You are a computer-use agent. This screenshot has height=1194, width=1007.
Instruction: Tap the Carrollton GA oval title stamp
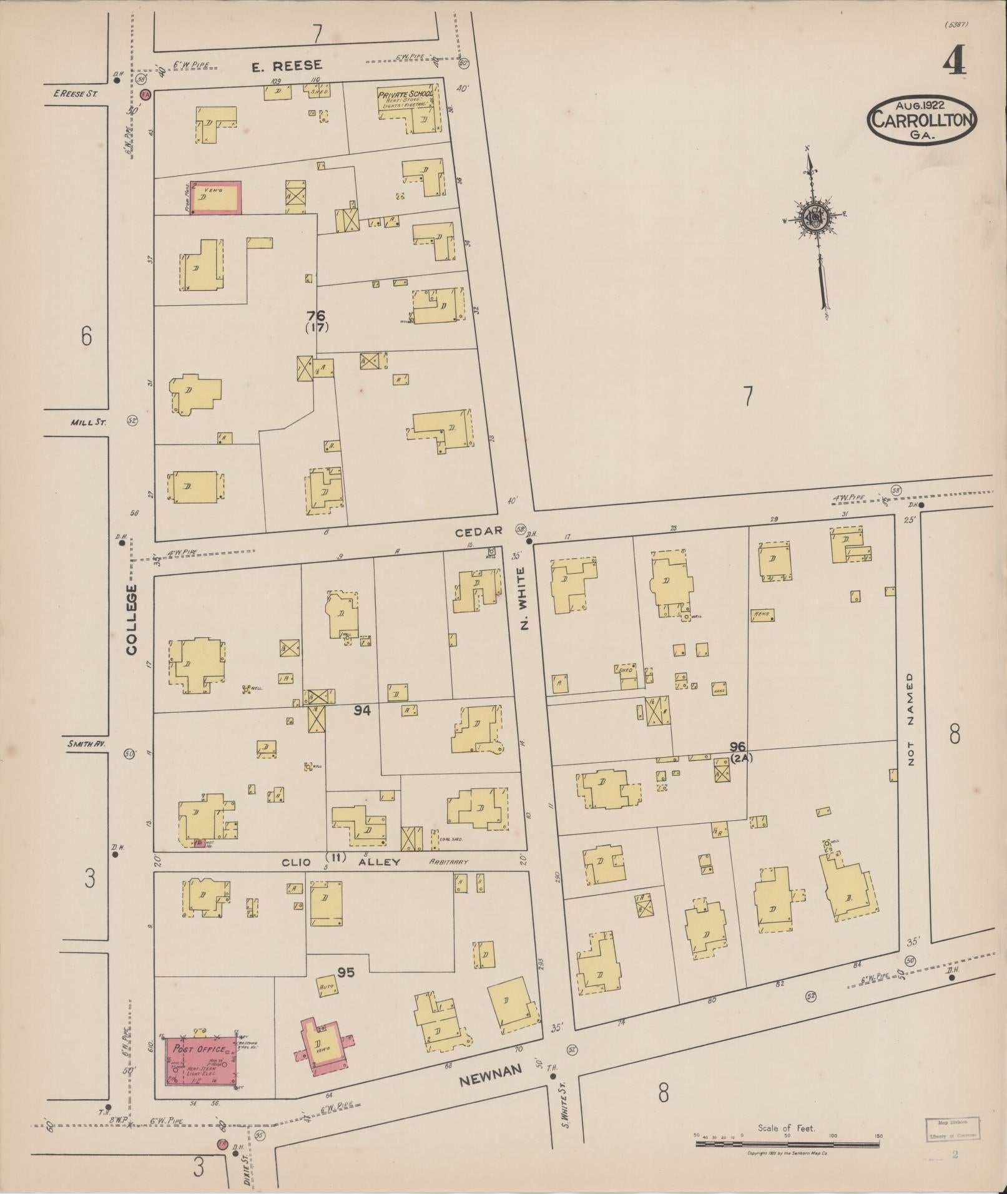pyautogui.click(x=921, y=118)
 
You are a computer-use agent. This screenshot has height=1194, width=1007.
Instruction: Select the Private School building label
pyautogui.click(x=405, y=95)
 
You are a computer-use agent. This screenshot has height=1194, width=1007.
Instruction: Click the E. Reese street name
pyautogui.click(x=287, y=65)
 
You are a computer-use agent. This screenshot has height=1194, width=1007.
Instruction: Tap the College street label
pyautogui.click(x=131, y=619)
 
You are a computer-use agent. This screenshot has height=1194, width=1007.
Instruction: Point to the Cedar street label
pyautogui.click(x=479, y=531)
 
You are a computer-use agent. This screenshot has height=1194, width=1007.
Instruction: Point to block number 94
pyautogui.click(x=361, y=710)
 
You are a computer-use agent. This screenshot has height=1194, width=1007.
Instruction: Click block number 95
pyautogui.click(x=346, y=972)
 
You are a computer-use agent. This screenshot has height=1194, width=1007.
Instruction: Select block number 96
pyautogui.click(x=738, y=746)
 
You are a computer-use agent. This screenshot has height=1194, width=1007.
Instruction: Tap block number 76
pyautogui.click(x=317, y=316)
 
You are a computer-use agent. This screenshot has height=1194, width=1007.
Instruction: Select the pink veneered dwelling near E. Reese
pyautogui.click(x=215, y=198)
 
